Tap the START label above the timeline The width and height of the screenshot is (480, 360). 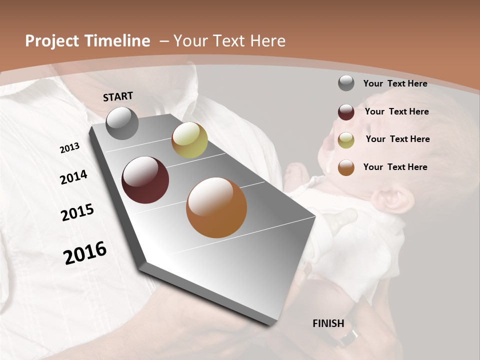coord(118,96)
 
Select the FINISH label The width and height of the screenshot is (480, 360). coord(328,323)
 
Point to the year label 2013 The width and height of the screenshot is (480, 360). coord(69,148)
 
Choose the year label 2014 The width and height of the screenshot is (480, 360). coord(73,177)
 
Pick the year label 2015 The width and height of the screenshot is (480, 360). coord(77,212)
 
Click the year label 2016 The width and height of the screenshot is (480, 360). coord(85,253)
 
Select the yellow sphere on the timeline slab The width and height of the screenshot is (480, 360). coord(189,140)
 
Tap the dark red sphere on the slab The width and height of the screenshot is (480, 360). coord(145,180)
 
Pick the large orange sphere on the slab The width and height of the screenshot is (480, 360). coord(216,207)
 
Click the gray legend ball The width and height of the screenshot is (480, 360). coord(346,83)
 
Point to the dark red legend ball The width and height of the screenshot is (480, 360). coord(346,112)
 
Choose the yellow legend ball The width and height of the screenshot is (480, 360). coord(346,140)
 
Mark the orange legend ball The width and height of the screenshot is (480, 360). coord(346,167)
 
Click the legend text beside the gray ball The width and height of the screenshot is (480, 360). coord(395,83)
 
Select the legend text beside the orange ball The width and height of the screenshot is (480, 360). coord(395,167)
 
